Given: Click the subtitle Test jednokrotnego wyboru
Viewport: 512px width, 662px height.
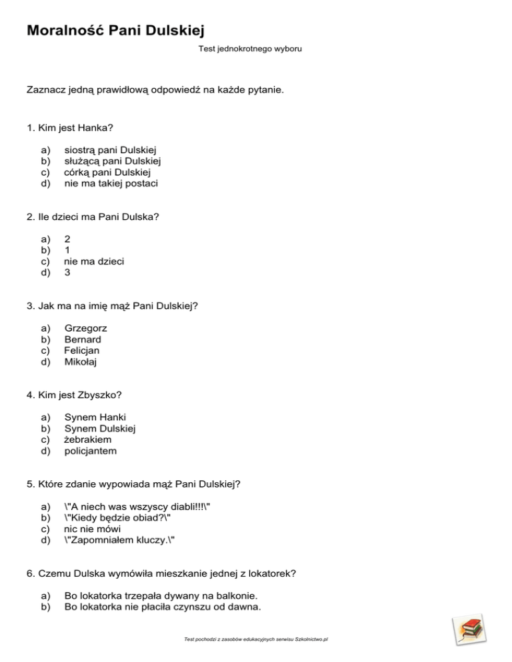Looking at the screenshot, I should pos(250,49).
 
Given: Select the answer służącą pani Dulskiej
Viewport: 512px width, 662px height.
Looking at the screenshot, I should pos(113,161).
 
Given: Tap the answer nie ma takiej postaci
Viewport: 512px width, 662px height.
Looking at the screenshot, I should pos(111,183).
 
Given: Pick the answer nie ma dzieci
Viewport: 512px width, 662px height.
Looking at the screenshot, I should pos(93,261).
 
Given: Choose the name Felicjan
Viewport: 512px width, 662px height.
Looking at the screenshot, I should pos(82,350).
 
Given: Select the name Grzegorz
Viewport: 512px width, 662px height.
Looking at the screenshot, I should pos(85,328).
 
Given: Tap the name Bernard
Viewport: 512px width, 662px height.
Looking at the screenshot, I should pos(83,339).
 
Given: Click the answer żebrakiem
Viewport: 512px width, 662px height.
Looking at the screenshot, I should pos(87,440).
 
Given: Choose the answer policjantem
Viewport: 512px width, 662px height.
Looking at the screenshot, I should pos(90,451).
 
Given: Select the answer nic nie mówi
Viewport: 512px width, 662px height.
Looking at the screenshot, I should pos(92,529).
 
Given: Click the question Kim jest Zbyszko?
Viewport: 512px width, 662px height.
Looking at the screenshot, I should pos(74,395).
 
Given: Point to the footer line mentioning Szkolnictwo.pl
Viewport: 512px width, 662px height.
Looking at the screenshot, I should pos(257,639).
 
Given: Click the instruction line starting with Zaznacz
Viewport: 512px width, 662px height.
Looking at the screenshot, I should pos(155,89).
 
